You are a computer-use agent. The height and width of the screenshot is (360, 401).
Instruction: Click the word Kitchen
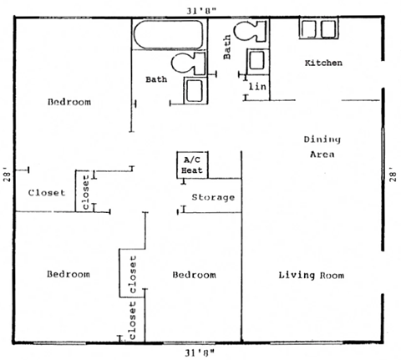point(322,63)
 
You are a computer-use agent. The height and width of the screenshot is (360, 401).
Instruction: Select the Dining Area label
point(319,146)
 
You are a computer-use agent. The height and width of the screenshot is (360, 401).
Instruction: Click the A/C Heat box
point(191,165)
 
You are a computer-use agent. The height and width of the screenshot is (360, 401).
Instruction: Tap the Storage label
point(212,198)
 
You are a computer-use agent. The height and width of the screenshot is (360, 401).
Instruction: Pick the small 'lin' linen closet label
point(256,85)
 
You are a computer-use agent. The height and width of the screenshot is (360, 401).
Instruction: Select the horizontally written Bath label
point(156,79)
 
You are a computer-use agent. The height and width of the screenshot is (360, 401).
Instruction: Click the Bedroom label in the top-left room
point(69,102)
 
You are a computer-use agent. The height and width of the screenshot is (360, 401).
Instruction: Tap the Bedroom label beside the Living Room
point(194,275)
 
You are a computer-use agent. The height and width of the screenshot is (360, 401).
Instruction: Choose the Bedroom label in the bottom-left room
point(68,274)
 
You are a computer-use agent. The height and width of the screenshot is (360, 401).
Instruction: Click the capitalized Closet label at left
point(46,192)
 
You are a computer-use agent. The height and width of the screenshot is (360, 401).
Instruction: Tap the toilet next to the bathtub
point(189,63)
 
